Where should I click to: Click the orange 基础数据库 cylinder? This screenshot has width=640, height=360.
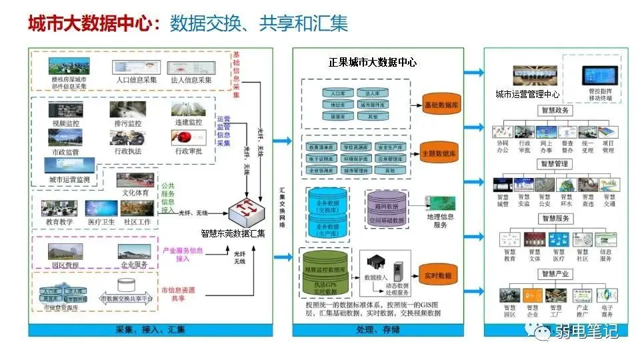441,104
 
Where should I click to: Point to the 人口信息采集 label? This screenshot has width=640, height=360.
137,80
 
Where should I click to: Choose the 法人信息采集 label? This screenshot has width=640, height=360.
191,80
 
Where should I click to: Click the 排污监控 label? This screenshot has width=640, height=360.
126,123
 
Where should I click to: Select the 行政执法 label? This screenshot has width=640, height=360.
126,151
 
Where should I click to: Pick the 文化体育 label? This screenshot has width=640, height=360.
136,193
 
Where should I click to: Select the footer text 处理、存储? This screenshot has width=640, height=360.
377,329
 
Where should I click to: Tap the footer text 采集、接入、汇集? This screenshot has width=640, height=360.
150,329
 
